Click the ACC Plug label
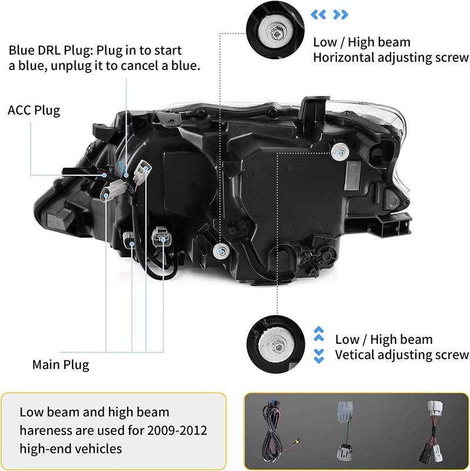point(34,110)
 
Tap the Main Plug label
point(60,364)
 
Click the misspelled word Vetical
point(354,355)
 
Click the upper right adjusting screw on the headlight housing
point(337,151)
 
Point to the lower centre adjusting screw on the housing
point(221,250)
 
